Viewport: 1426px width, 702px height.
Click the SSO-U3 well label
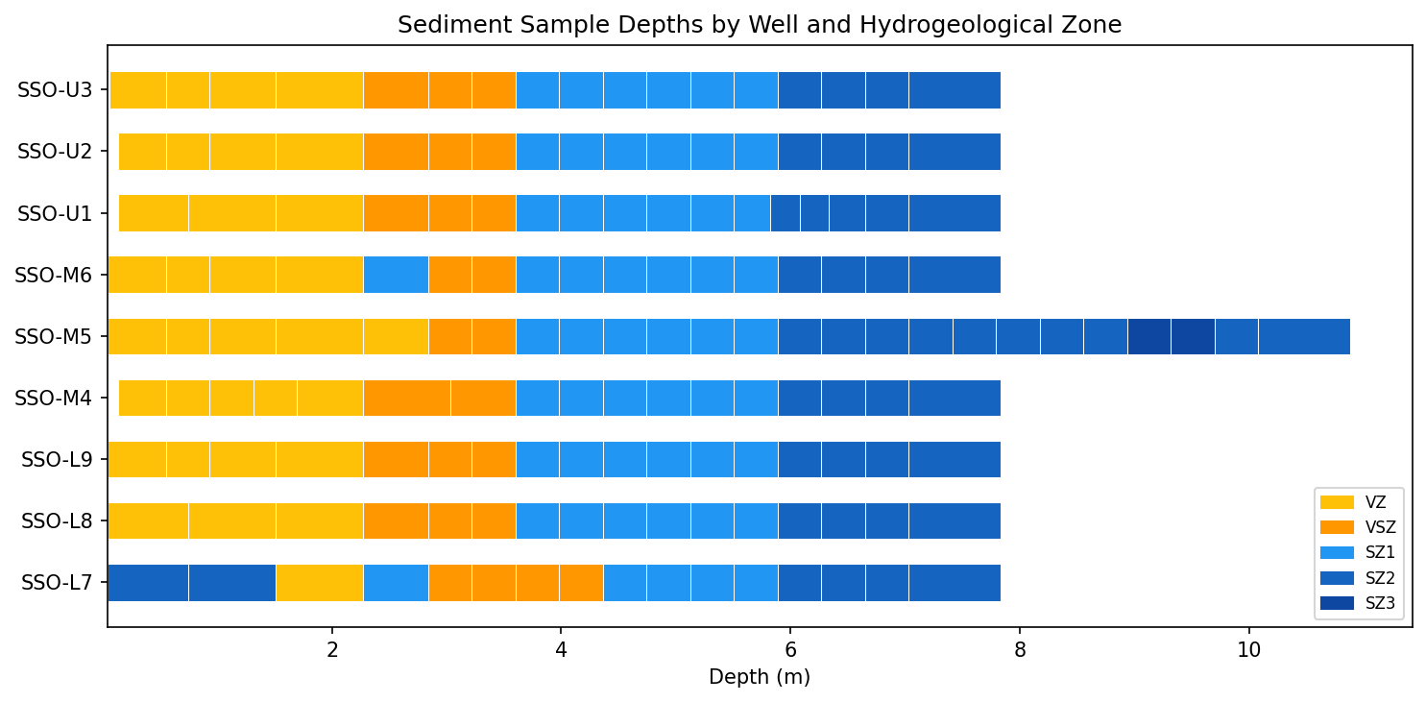pos(55,90)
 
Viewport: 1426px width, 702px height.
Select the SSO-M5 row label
pos(54,337)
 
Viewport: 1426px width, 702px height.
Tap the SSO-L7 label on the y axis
pos(57,583)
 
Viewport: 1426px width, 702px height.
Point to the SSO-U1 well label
pos(55,213)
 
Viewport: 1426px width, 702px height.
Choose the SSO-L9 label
pos(57,460)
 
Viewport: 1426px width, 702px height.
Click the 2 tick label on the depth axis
pos(332,649)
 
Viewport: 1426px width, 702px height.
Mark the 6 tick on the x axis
pos(790,649)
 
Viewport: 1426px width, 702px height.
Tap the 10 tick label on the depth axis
pos(1248,649)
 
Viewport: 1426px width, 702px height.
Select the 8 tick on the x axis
pos(1020,649)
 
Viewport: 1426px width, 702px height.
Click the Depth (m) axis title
pos(759,677)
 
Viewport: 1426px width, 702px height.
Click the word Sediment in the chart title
pos(443,25)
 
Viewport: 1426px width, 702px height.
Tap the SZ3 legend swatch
pos(1337,603)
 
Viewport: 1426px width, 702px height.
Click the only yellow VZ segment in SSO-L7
pos(319,583)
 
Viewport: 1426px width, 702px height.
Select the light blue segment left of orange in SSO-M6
pos(396,275)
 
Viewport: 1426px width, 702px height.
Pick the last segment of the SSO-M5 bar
pos(1303,337)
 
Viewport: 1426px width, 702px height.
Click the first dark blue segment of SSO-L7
pos(148,583)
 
